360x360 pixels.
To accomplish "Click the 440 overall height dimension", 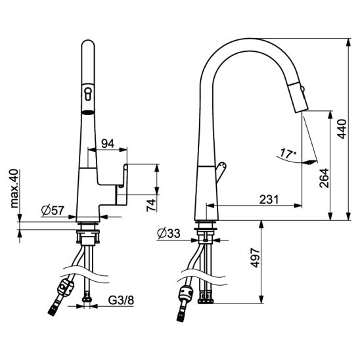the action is [342, 129].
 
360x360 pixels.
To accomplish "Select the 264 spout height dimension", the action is [324, 178].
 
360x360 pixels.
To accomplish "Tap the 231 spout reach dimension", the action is [269, 199].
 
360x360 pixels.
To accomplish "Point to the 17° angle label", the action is [288, 153].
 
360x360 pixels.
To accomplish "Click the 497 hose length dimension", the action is [255, 258].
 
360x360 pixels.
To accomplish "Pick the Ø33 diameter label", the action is [169, 233].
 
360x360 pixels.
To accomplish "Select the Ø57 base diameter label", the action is [53, 210].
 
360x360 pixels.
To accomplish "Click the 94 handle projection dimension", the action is [108, 144].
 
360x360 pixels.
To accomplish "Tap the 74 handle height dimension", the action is [151, 205].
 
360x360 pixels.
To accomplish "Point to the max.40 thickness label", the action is [14, 189].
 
